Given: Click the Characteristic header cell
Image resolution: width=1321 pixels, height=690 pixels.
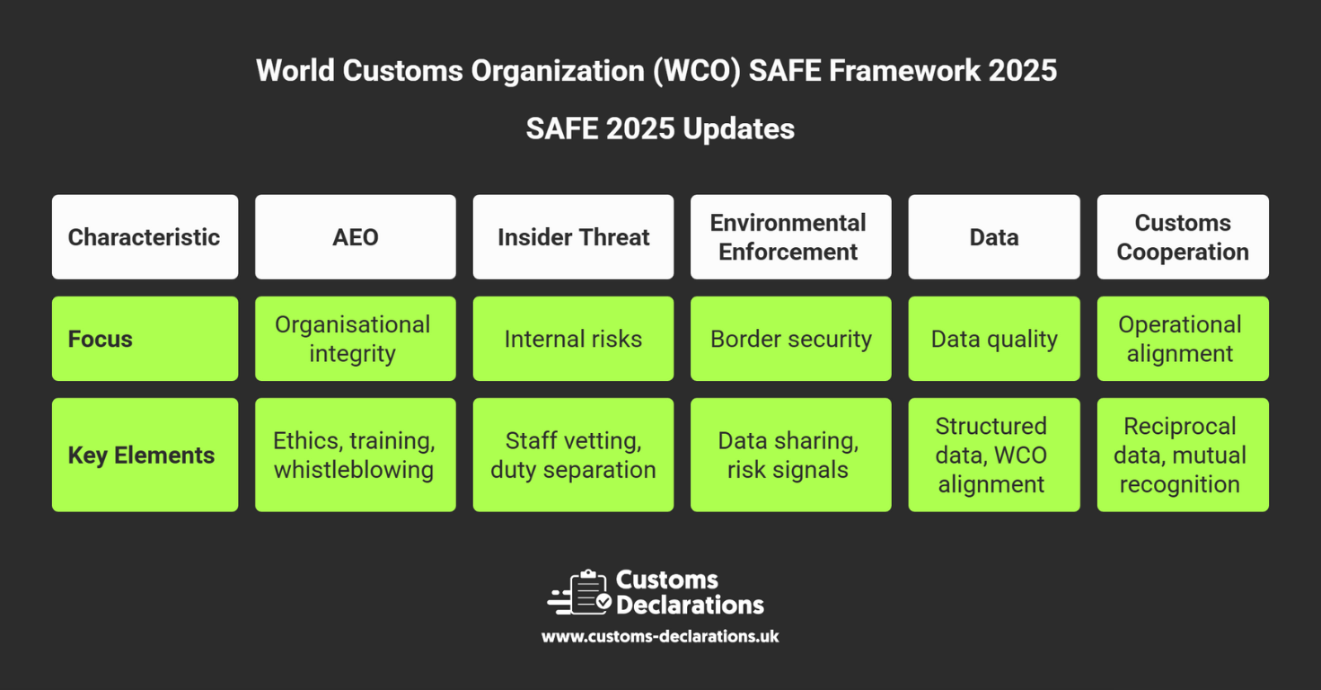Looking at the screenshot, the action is [145, 236].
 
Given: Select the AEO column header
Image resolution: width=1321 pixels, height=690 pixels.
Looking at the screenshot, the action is [355, 236].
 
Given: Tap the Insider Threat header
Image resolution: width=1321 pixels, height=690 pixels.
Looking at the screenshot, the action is [573, 236].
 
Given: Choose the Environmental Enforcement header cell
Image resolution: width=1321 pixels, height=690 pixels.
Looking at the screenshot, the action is [791, 236].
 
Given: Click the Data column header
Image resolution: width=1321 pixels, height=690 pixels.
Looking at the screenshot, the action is [994, 236].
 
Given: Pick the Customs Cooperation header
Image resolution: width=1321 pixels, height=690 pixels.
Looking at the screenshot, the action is [1183, 236].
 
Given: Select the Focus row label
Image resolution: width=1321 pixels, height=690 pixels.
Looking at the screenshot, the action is [145, 339].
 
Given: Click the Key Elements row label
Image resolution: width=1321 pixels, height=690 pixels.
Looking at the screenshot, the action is [145, 455].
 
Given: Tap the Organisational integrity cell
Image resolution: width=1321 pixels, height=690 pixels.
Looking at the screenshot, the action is [355, 339].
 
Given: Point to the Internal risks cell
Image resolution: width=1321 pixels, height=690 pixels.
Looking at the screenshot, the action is [573, 339].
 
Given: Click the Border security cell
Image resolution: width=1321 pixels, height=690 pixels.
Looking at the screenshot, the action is [791, 339].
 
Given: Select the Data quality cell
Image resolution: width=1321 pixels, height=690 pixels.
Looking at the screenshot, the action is [994, 339].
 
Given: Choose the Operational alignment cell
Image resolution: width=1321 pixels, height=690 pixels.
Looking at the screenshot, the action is [1183, 339].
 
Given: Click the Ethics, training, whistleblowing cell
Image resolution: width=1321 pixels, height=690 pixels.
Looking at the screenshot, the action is [355, 455].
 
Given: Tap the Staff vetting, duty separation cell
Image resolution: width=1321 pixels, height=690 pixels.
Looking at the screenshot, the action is [573, 455].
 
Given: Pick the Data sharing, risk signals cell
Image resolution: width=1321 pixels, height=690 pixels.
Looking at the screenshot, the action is [791, 455].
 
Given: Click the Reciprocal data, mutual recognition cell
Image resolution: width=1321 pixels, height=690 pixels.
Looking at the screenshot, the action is [1183, 455].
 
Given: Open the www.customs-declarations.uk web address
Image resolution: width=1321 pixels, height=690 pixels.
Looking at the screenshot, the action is [661, 636].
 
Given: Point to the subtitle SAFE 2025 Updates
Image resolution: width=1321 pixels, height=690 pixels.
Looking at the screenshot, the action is [661, 128].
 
